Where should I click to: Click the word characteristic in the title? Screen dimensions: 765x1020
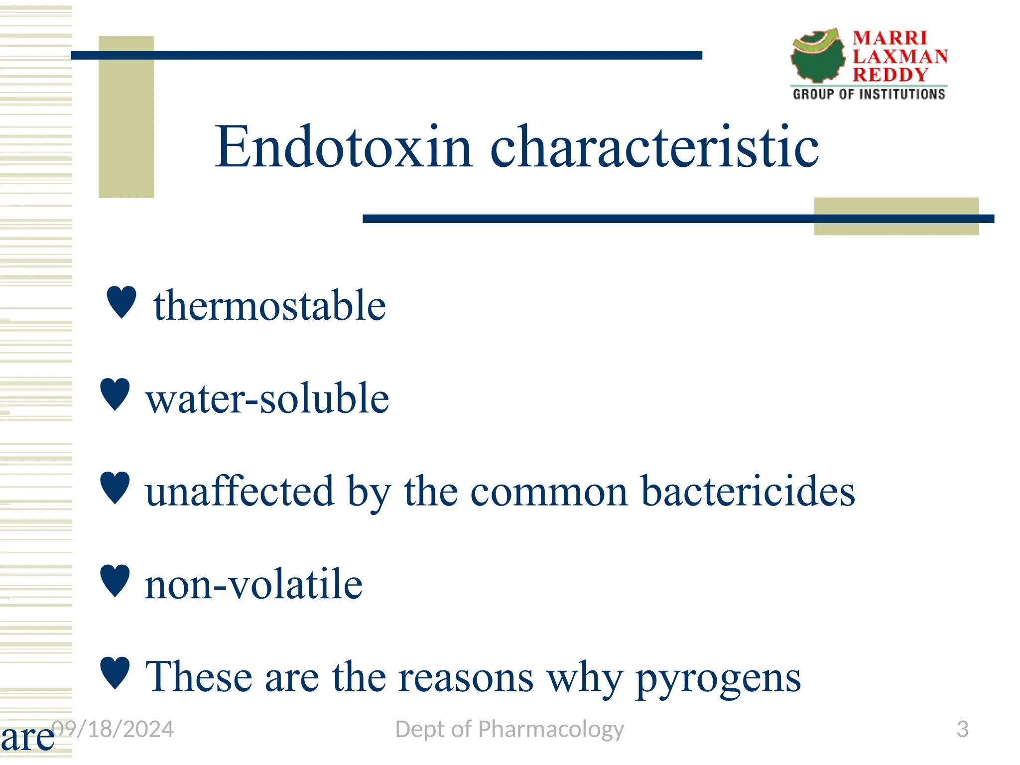pyautogui.click(x=654, y=147)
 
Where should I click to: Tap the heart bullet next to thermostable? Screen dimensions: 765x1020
pyautogui.click(x=122, y=302)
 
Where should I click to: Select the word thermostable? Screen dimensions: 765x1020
pyautogui.click(x=269, y=305)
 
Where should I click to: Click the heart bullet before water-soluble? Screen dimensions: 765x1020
pyautogui.click(x=115, y=394)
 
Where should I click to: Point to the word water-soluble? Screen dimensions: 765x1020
pyautogui.click(x=267, y=398)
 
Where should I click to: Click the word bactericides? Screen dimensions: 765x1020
pyautogui.click(x=748, y=492)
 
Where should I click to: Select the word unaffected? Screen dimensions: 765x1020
pyautogui.click(x=240, y=492)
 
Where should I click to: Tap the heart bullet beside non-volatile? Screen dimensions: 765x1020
pyautogui.click(x=115, y=580)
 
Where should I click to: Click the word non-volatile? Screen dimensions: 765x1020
pyautogui.click(x=254, y=584)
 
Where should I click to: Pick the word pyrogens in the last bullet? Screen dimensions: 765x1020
pyautogui.click(x=718, y=678)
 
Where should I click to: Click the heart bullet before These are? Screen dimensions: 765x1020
pyautogui.click(x=115, y=672)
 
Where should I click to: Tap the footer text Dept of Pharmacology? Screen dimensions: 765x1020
pyautogui.click(x=509, y=729)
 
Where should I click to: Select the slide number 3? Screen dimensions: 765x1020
pyautogui.click(x=962, y=729)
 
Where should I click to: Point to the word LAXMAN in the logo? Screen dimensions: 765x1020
pyautogui.click(x=900, y=56)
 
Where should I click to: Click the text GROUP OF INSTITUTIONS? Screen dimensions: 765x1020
pyautogui.click(x=869, y=94)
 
